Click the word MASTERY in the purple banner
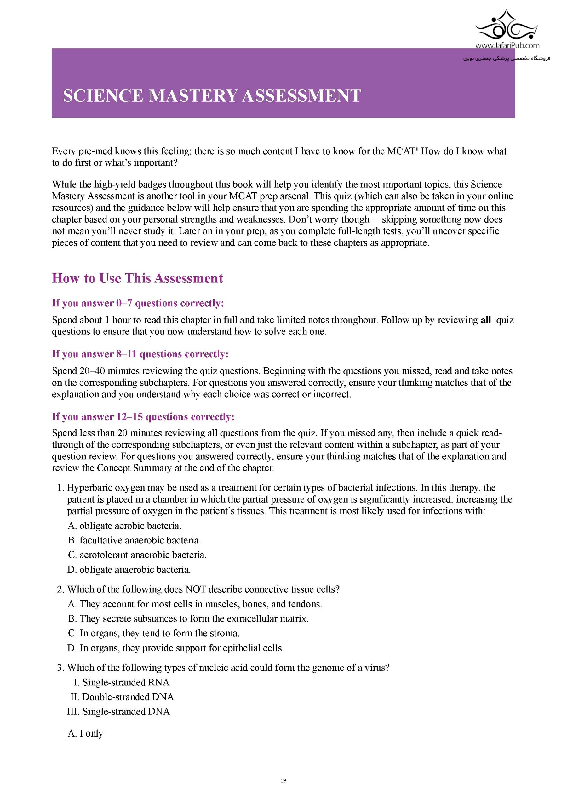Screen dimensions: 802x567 coord(193,96)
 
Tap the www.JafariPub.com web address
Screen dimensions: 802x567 coord(507,45)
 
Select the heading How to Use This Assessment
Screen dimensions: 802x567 coord(137,278)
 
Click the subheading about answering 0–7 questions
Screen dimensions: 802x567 coord(138,303)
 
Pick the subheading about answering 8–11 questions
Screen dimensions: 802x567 coord(140,354)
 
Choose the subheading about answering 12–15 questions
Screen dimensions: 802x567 coord(143,417)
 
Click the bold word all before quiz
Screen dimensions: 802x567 coord(486,320)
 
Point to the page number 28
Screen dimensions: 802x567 coord(283,781)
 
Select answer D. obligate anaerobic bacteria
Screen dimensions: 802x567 coord(129,570)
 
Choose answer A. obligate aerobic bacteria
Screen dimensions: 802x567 coord(124,526)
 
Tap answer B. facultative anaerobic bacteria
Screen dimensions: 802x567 coord(134,540)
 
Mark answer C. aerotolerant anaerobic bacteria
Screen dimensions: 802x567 coord(137,555)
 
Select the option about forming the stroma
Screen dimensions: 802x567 coord(154,633)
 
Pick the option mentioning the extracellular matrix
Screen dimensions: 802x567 coord(188,619)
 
